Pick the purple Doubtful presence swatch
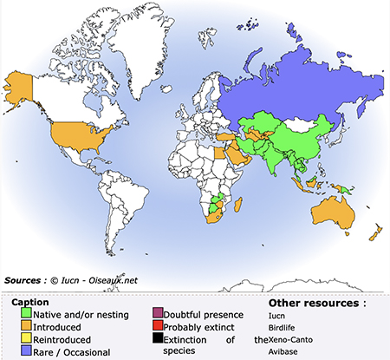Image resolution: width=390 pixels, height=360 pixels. [x=157, y=313]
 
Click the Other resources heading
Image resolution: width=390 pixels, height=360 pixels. [x=317, y=303]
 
